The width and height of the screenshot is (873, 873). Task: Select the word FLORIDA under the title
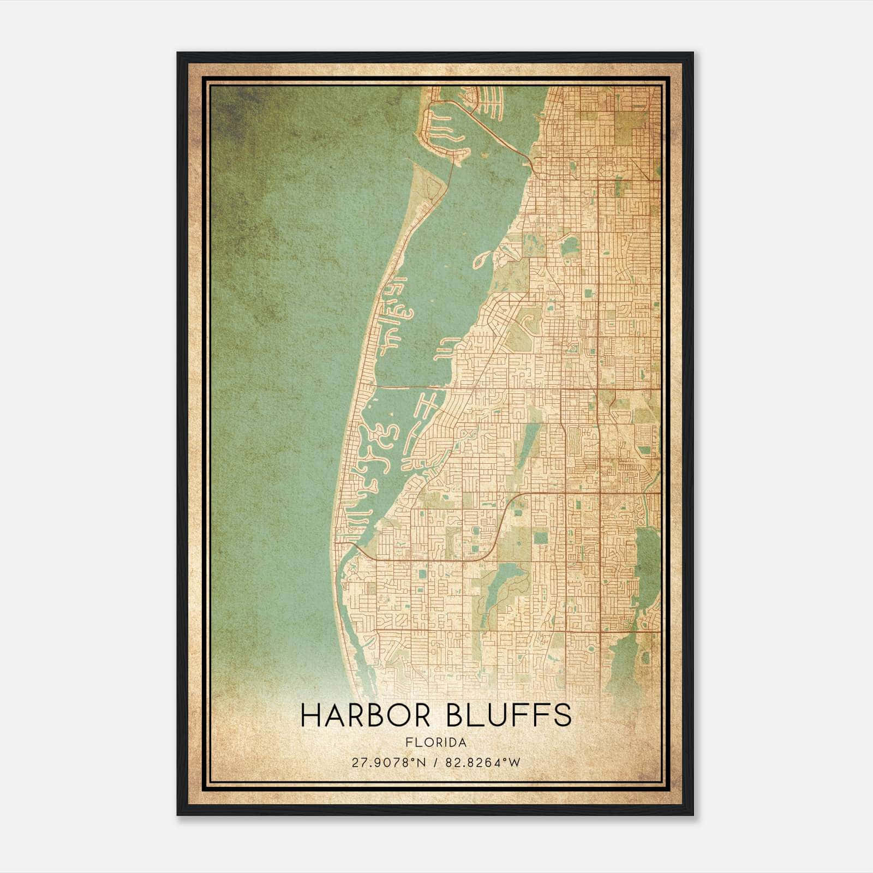(x=436, y=742)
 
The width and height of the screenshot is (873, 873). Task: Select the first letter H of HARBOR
(x=311, y=715)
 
